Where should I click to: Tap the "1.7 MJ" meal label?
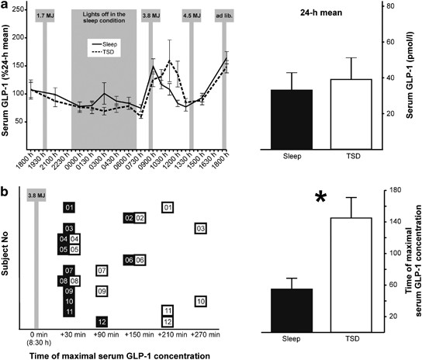click(x=45, y=13)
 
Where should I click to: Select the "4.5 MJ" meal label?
click(x=191, y=13)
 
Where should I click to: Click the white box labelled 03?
click(x=200, y=229)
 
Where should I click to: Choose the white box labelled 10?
click(x=200, y=301)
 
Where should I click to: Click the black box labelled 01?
click(x=70, y=207)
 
